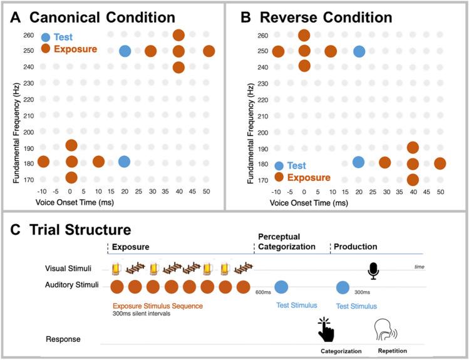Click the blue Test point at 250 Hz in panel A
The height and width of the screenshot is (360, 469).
(x=125, y=51)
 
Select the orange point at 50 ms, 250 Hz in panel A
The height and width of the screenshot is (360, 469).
(x=209, y=51)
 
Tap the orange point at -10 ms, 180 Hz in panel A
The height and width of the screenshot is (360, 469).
(x=43, y=162)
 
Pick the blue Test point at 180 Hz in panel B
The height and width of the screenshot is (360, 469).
(x=358, y=162)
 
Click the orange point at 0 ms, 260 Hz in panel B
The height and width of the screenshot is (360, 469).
(x=304, y=36)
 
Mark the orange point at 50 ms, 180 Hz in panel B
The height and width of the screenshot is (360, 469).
(x=440, y=163)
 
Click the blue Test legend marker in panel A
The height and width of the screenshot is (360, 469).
(x=46, y=37)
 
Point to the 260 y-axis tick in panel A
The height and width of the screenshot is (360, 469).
(x=28, y=36)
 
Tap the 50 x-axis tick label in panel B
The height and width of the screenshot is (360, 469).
(x=440, y=192)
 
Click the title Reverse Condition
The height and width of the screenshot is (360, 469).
(x=328, y=16)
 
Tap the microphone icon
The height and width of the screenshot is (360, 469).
(x=374, y=269)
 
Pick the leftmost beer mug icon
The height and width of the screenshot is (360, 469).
(x=116, y=269)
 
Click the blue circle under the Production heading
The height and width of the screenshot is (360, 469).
(x=343, y=287)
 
